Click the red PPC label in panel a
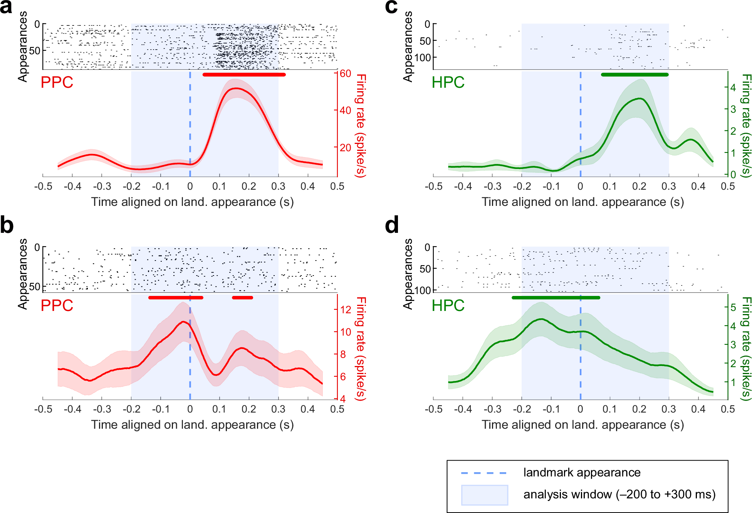(x=57, y=82)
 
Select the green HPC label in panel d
(x=448, y=305)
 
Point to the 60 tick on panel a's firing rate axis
(x=345, y=73)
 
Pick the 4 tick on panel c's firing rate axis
(x=733, y=87)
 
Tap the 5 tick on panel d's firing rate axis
(x=733, y=307)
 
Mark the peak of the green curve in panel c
(x=640, y=99)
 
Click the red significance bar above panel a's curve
(x=244, y=75)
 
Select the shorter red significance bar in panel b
(x=242, y=297)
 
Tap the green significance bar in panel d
(x=556, y=297)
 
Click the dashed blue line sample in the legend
(x=484, y=473)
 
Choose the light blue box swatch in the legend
(x=484, y=495)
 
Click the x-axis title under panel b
(x=192, y=424)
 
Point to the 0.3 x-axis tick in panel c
(x=669, y=187)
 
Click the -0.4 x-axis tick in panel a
(x=72, y=187)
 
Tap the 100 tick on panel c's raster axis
(x=423, y=57)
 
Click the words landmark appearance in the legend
(x=582, y=472)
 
